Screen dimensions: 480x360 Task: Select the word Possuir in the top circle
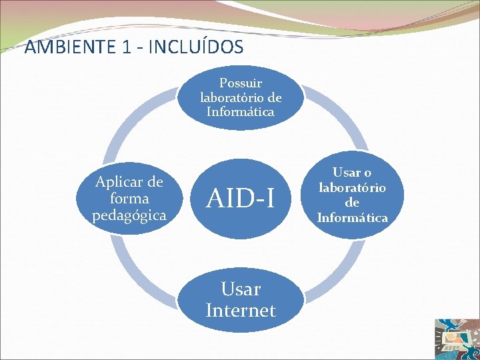tap(241, 83)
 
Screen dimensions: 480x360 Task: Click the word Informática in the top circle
tap(241, 112)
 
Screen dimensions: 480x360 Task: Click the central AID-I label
tap(241, 198)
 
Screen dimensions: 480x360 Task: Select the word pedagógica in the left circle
tap(129, 215)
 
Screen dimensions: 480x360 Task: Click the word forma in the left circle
tap(130, 199)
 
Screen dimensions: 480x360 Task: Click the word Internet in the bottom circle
tap(241, 310)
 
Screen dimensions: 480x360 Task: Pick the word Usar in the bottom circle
tap(241, 289)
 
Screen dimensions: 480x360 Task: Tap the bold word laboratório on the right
tap(352, 187)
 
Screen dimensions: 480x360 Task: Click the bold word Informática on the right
tap(352, 217)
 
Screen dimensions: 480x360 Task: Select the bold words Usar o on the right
tap(352, 173)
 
